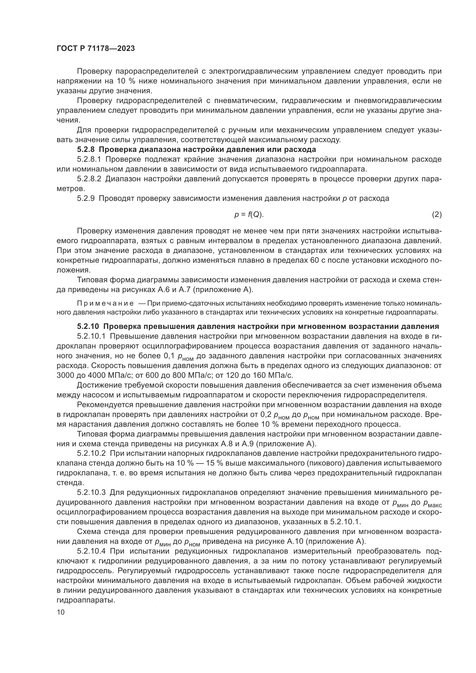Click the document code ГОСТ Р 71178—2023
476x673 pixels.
96,49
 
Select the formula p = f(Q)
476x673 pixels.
249,215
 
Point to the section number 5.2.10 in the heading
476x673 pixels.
88,327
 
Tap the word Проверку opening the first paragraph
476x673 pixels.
94,71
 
